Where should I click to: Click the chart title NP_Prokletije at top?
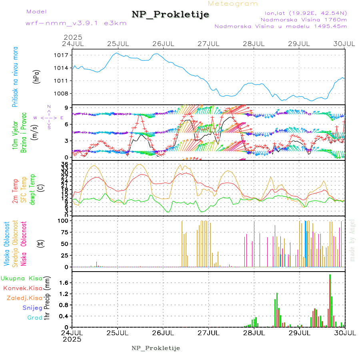tap(170, 15)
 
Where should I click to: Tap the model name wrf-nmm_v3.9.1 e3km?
tap(70, 23)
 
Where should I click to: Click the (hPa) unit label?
tap(37, 76)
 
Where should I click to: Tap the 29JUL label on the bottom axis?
tap(300, 332)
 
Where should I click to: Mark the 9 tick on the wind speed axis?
tap(66, 107)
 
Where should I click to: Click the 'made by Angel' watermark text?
tap(352, 240)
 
